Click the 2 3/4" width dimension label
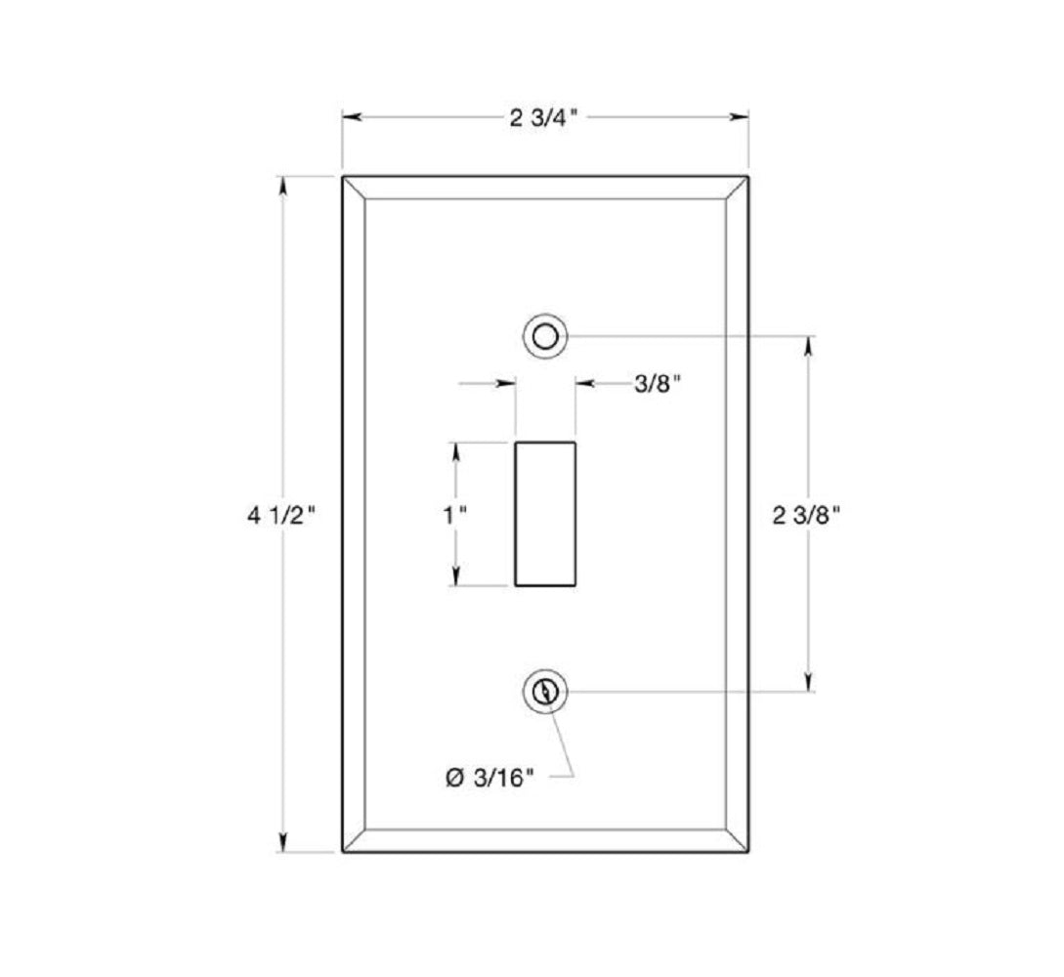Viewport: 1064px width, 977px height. point(543,118)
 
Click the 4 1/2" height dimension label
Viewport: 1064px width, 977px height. point(281,516)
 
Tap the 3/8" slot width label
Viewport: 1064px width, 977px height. point(657,384)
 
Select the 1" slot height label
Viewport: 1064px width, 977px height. point(454,516)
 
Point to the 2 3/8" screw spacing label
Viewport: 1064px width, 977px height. point(807,516)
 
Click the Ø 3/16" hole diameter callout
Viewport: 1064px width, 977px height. point(489,778)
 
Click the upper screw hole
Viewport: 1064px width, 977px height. point(545,336)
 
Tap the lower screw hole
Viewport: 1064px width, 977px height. point(545,692)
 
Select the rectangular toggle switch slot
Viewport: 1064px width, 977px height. point(545,514)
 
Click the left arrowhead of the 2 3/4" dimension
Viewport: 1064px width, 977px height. point(352,117)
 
